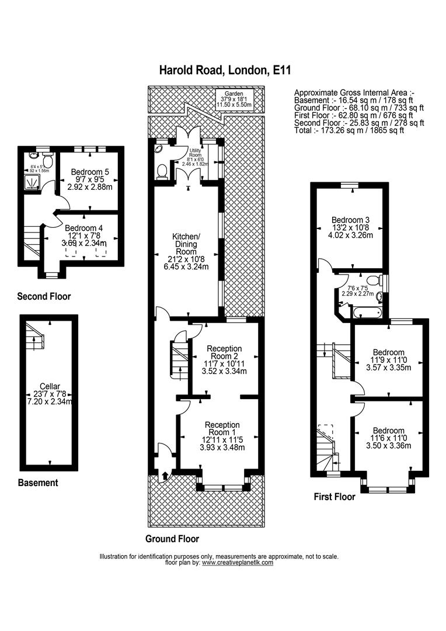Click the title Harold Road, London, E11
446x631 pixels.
(x=225, y=71)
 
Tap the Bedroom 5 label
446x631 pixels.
(x=90, y=172)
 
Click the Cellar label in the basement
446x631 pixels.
(x=48, y=385)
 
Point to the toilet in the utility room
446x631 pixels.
(x=163, y=171)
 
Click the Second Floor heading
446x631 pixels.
(x=44, y=296)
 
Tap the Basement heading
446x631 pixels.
(x=38, y=483)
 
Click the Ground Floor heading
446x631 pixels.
(x=172, y=539)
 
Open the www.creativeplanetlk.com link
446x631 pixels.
(x=238, y=563)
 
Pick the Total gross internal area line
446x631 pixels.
(x=349, y=130)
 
